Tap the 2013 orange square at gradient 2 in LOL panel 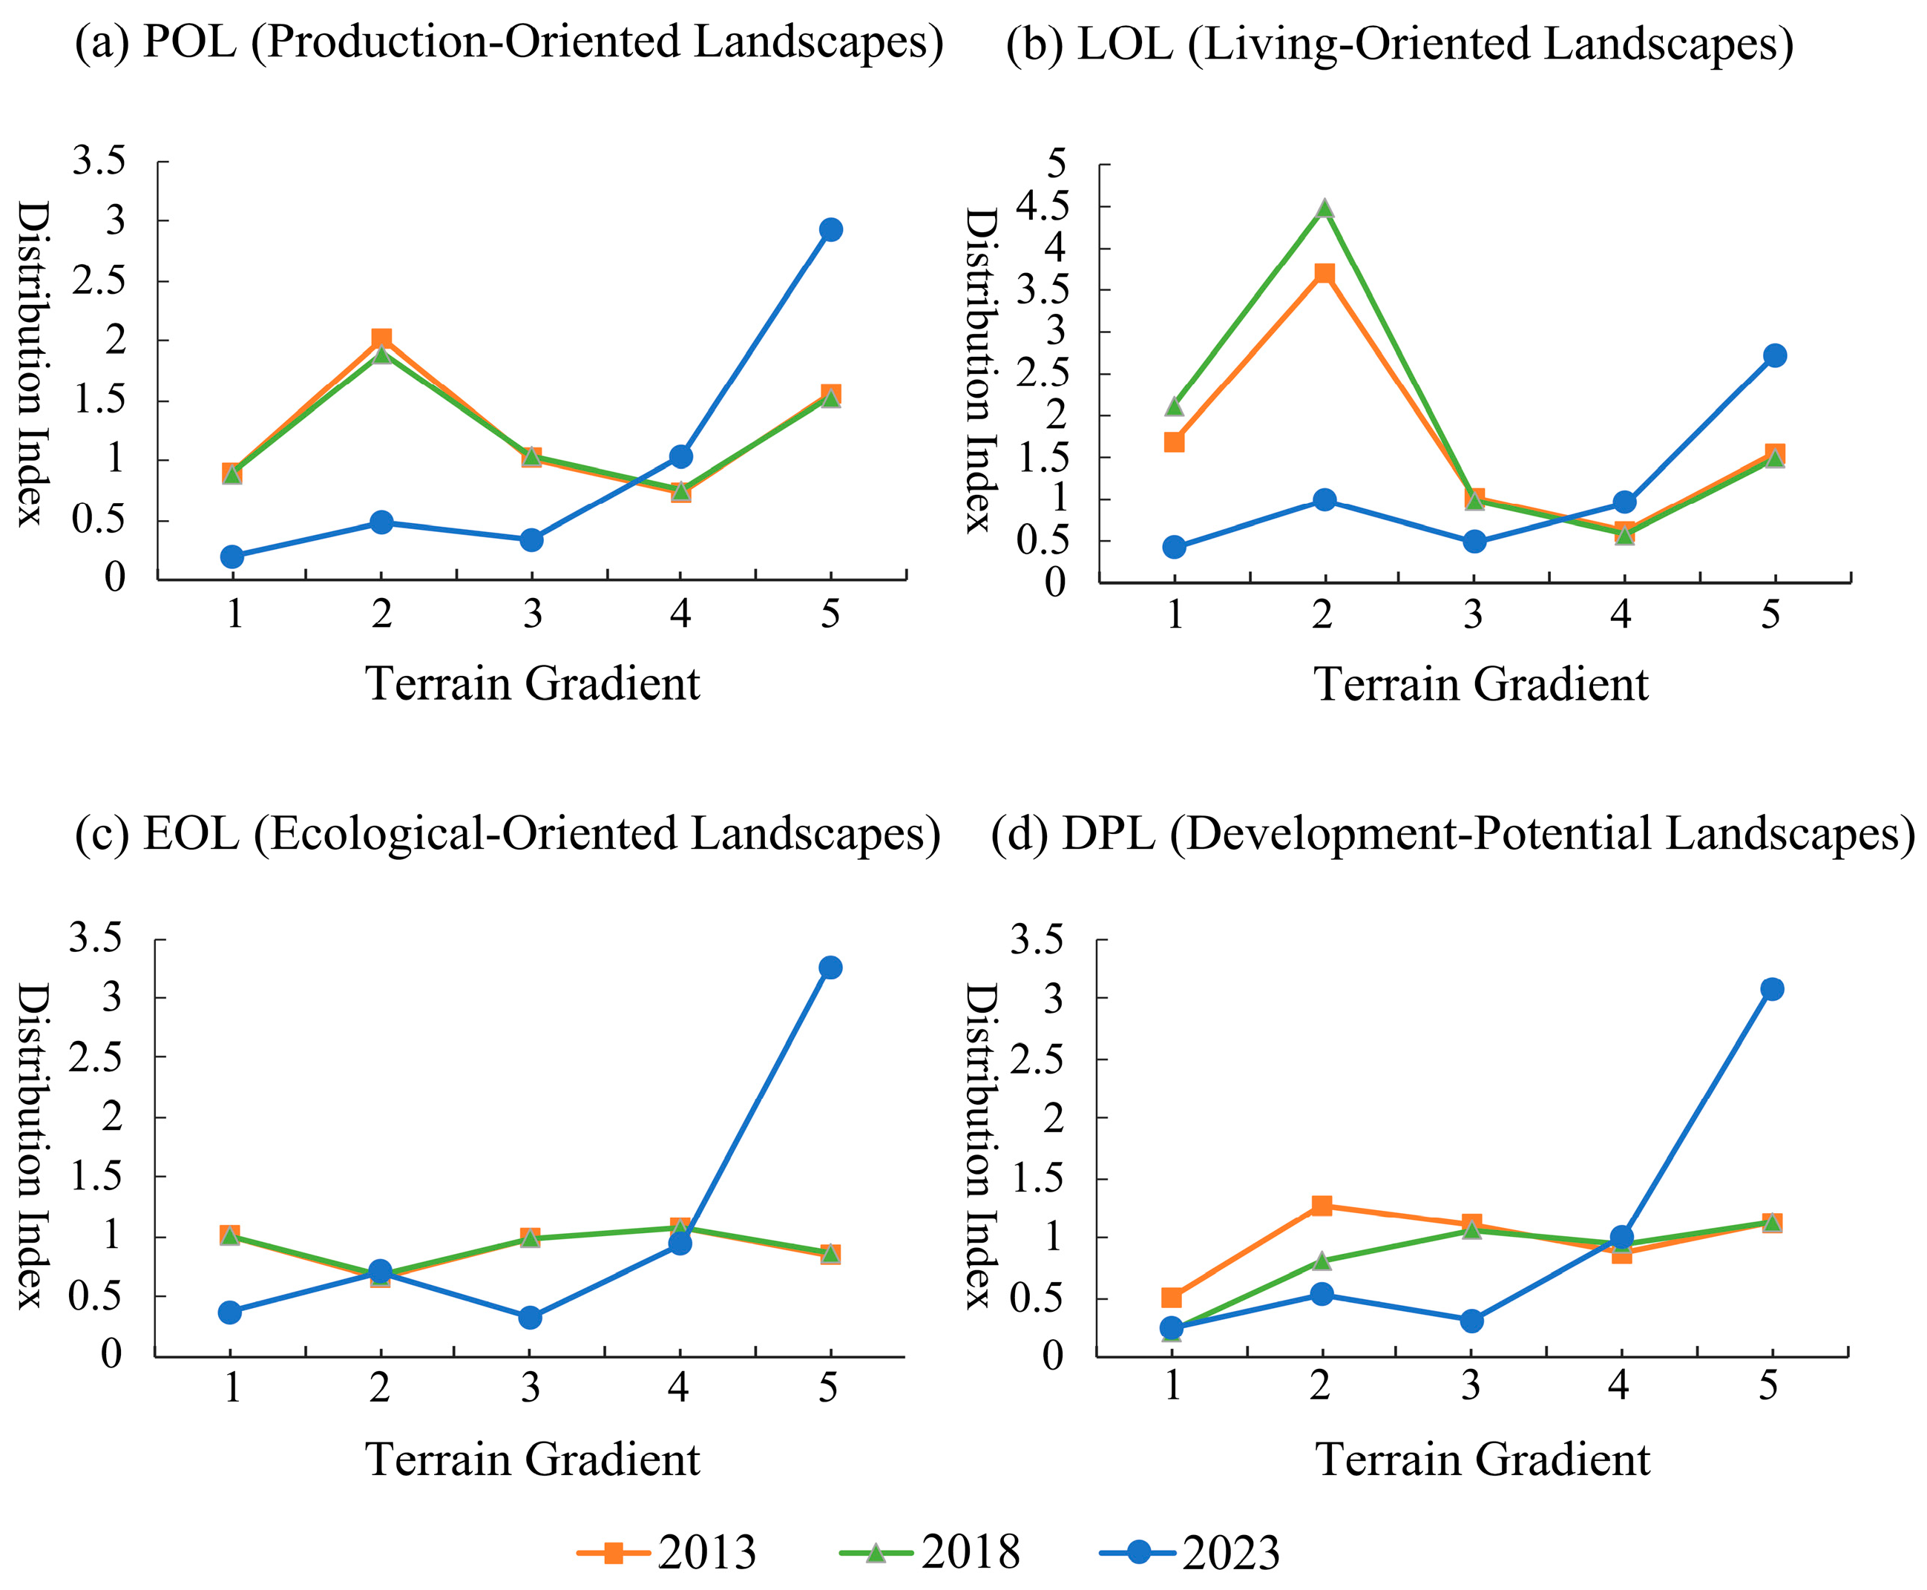tap(1324, 273)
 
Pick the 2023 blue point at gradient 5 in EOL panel tap(830, 968)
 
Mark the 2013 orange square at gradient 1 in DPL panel tap(1172, 1297)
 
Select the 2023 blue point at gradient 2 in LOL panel tap(1324, 499)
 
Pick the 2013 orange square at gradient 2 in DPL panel tap(1322, 1206)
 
